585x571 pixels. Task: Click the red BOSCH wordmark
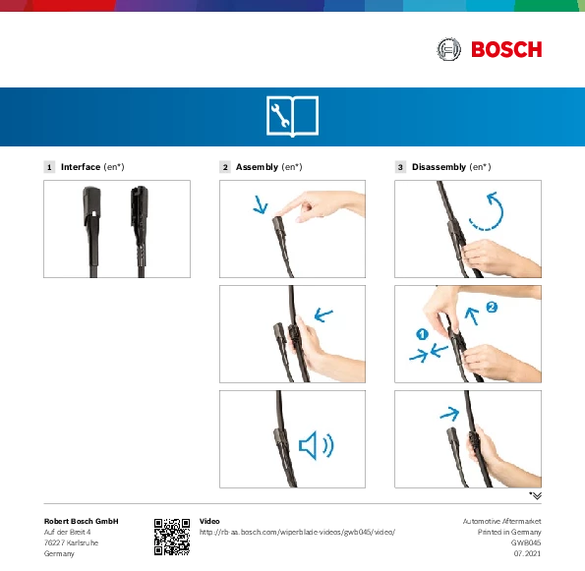tap(506, 49)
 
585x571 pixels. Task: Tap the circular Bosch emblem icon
tap(448, 49)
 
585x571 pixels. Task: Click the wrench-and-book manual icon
tap(293, 116)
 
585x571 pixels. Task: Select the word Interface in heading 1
tap(81, 167)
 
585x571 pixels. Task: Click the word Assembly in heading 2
tap(257, 167)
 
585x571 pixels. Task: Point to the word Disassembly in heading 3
tap(439, 167)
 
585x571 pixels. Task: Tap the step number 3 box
tap(400, 167)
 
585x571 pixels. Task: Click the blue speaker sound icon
tap(317, 445)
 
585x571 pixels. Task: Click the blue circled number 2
tap(492, 308)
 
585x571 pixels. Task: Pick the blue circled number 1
tap(422, 334)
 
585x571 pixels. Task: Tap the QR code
tap(172, 537)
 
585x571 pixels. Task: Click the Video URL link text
tap(297, 533)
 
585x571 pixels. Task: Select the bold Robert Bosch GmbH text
tap(82, 521)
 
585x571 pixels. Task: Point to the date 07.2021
tap(527, 553)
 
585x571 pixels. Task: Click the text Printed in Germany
tap(509, 532)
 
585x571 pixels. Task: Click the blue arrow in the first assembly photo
tap(261, 204)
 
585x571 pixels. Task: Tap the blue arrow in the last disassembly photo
tap(449, 414)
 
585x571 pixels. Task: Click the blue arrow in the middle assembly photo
tap(323, 314)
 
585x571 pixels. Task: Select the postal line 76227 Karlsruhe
tap(71, 542)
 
